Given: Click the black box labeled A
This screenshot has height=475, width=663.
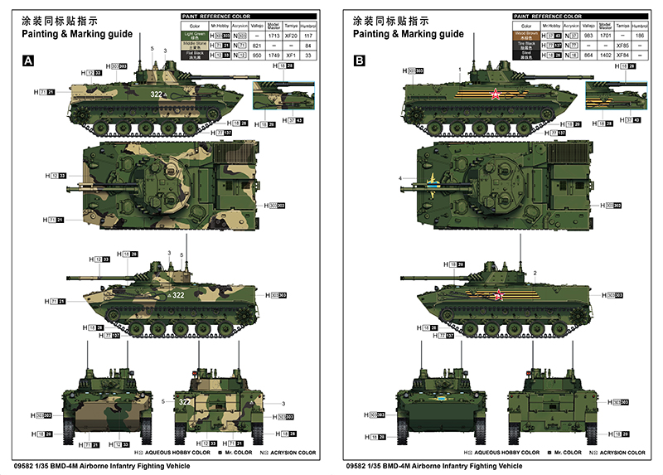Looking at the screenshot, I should (28, 61).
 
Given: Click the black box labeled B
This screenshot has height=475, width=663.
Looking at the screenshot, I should (360, 61).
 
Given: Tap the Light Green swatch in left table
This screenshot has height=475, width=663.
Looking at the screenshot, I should (195, 36).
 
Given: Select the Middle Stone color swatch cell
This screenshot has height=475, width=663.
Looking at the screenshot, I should (195, 45).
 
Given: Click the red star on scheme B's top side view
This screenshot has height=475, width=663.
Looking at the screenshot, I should (495, 95).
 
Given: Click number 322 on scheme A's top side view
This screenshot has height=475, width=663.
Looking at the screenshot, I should (157, 95).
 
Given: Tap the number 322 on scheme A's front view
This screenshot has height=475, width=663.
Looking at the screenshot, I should (185, 402).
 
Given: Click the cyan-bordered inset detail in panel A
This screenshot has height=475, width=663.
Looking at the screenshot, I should (284, 95).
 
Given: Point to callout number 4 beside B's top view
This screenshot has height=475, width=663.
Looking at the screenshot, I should (399, 179).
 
